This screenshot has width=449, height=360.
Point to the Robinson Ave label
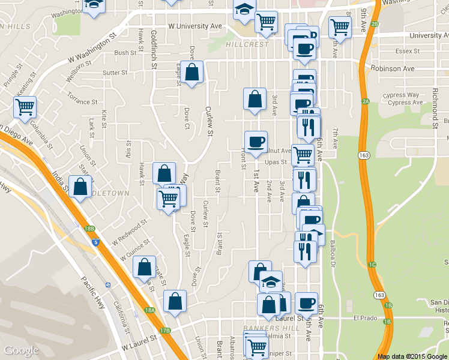(393, 68)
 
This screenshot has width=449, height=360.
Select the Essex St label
(407, 51)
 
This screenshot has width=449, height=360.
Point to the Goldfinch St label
(154, 49)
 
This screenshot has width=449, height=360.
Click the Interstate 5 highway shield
(96, 242)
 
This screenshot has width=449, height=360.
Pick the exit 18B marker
(89, 229)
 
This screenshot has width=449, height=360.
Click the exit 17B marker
(165, 330)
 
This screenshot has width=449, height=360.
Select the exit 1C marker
(372, 264)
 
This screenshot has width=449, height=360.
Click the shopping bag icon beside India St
(80, 187)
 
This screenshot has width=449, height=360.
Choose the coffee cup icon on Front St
(256, 142)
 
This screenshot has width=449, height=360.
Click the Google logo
(21, 350)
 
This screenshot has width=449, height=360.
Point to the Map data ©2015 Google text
(412, 356)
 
